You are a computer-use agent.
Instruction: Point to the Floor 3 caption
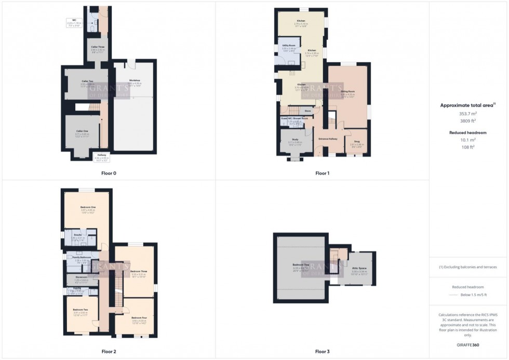coord(322,352)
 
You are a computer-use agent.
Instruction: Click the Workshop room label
coord(135,80)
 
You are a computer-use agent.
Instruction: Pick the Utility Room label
coord(288,46)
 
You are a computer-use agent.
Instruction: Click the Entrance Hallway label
coord(328,139)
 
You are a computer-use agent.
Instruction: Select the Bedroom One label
coord(86,207)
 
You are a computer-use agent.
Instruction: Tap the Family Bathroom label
coord(83,257)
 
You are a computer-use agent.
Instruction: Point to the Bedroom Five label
coord(301,264)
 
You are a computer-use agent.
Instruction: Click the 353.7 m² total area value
coord(468,113)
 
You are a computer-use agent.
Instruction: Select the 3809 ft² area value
coord(468,121)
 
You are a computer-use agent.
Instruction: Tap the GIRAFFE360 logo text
coord(468,345)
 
